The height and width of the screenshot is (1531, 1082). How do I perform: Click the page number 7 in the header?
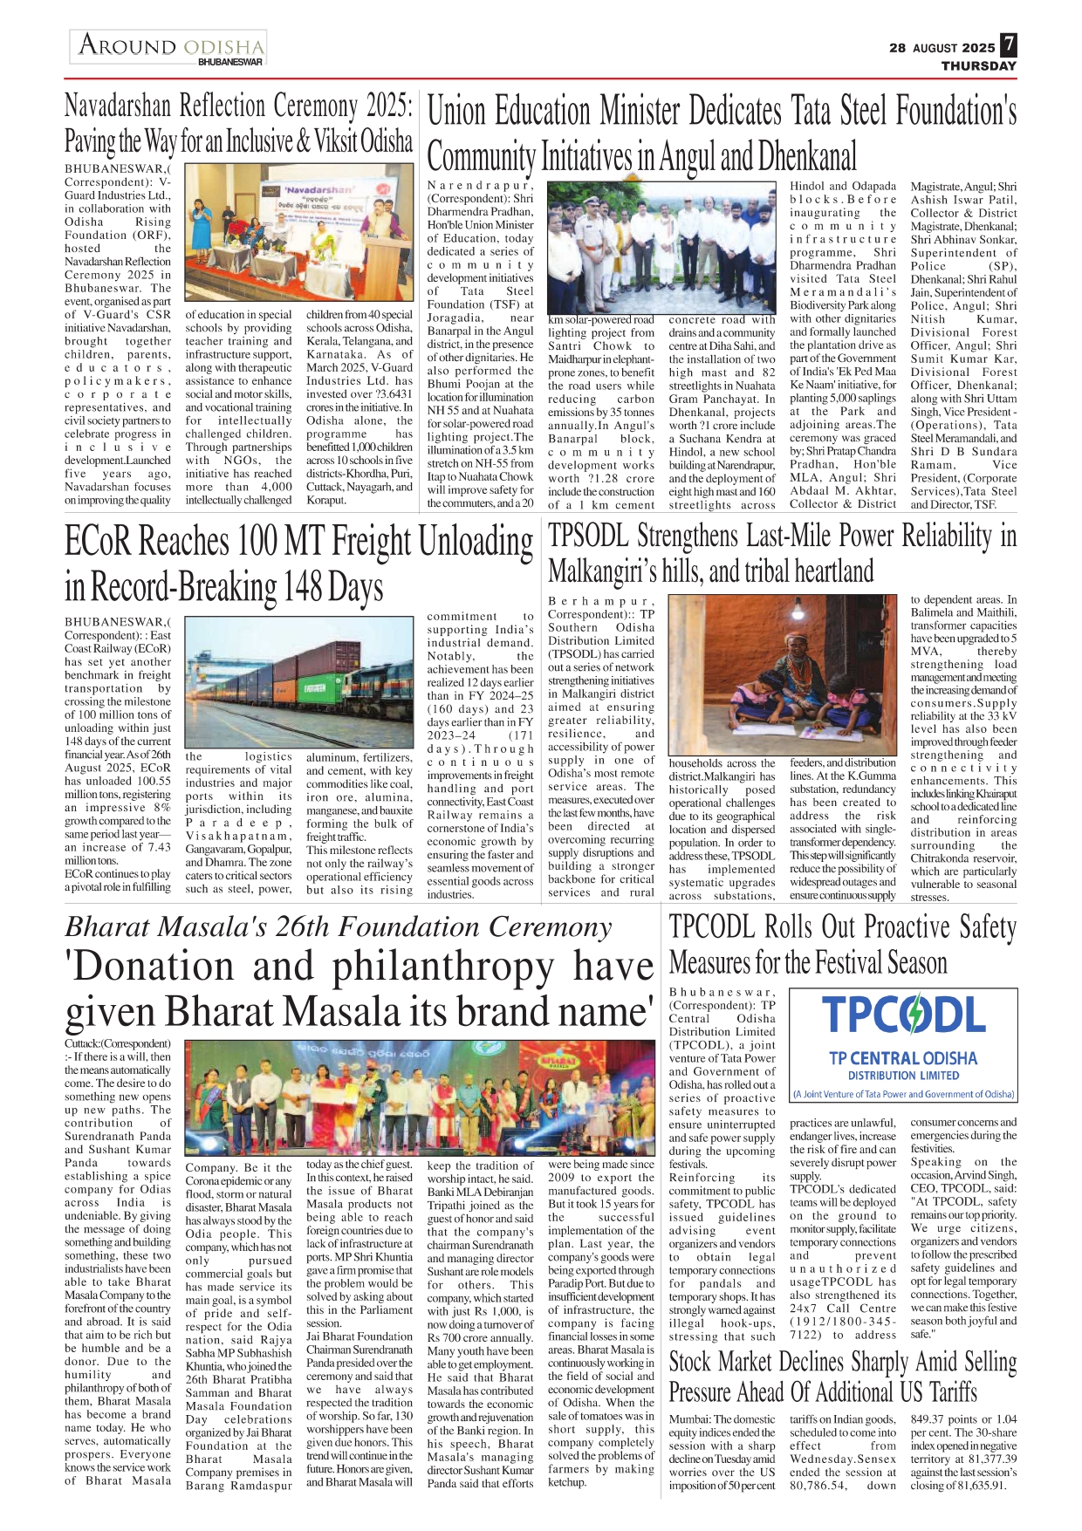1008,44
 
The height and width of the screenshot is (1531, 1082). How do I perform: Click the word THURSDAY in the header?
978,66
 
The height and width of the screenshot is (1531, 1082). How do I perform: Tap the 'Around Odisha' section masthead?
169,46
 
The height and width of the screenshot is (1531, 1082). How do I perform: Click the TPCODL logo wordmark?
903,1015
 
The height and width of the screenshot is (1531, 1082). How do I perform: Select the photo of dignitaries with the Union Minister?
661,246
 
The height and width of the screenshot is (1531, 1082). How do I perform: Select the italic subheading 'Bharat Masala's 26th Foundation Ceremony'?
339,926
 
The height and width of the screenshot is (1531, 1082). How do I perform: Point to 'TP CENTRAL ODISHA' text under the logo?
902,1058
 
